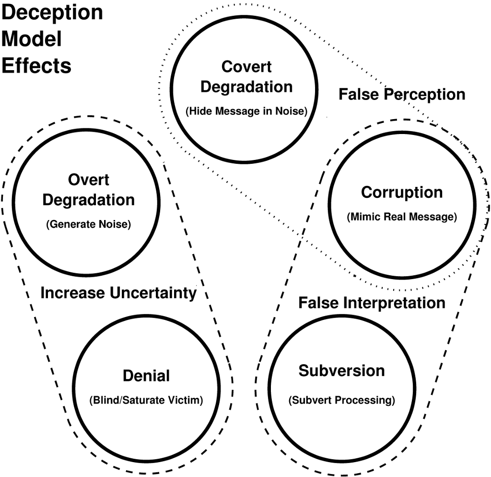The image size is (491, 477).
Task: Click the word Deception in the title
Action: [x=52, y=12]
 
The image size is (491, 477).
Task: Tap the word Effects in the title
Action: [x=36, y=65]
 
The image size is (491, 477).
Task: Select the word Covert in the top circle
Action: [x=246, y=67]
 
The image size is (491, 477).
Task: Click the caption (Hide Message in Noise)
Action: [x=246, y=111]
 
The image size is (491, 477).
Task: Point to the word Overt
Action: [x=89, y=180]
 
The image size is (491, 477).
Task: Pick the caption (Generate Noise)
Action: [x=88, y=224]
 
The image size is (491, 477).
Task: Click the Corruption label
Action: [x=402, y=192]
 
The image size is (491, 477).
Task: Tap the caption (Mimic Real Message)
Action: [x=402, y=217]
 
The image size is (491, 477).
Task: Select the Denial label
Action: [x=146, y=376]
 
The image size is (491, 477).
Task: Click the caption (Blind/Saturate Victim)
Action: [x=146, y=400]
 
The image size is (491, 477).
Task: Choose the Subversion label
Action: [x=341, y=371]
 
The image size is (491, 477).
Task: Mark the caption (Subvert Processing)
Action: [x=341, y=400]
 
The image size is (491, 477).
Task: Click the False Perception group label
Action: [x=402, y=94]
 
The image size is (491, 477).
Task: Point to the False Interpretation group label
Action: [x=372, y=303]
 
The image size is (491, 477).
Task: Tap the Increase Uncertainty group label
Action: [x=118, y=293]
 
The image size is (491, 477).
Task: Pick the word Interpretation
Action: [x=395, y=303]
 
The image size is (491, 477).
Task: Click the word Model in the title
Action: [x=32, y=39]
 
